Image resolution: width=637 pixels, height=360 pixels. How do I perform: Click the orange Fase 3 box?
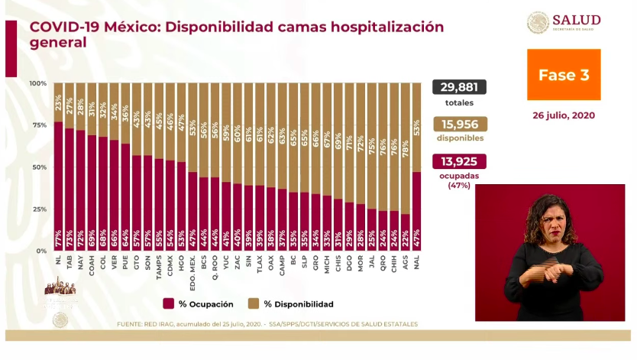564,75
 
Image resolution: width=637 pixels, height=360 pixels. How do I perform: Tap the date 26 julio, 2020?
564,116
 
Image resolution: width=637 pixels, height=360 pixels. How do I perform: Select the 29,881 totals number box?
459,87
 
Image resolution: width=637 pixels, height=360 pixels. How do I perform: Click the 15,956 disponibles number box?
459,125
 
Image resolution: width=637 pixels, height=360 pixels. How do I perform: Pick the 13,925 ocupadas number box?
459,162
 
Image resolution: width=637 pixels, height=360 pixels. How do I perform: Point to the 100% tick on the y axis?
38,83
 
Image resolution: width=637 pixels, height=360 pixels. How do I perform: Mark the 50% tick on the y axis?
38,167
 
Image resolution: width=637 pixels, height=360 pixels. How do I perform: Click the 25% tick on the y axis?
38,209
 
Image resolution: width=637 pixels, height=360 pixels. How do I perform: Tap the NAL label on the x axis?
416,260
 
